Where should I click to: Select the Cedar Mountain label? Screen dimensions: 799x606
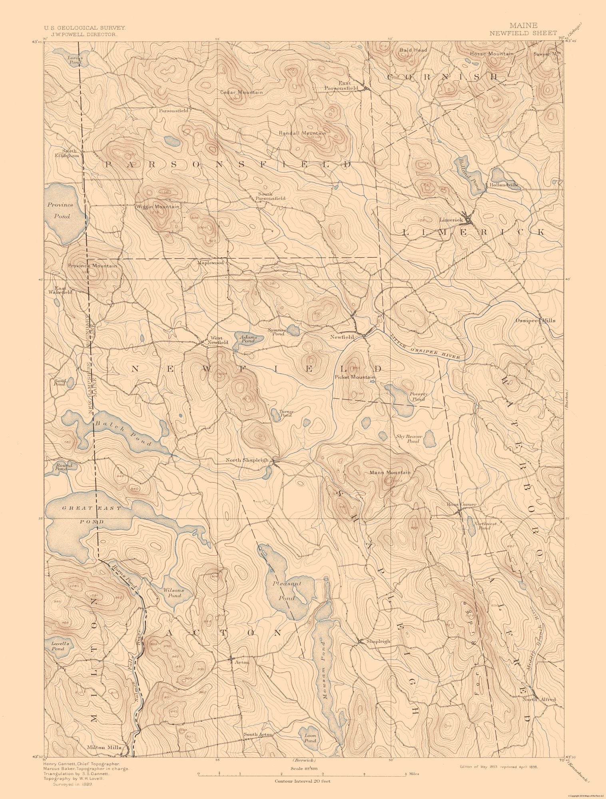242,92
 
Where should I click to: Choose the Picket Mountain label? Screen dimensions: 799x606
355,377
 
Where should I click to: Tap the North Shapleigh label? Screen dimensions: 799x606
247,460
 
